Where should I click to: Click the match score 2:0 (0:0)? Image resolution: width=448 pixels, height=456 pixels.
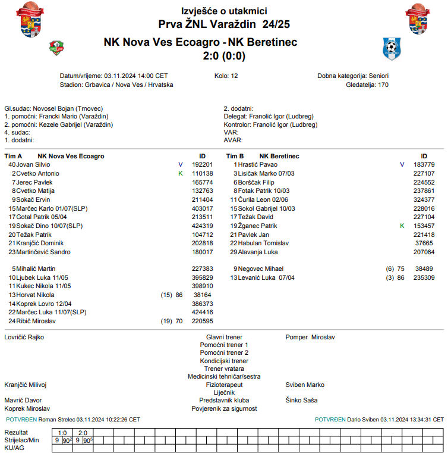pyautogui.click(x=224, y=57)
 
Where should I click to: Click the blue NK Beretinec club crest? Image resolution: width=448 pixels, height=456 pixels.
pyautogui.click(x=392, y=47)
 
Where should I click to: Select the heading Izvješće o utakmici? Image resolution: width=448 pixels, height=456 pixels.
pyautogui.click(x=224, y=11)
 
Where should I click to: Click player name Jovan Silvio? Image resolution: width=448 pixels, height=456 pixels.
pyautogui.click(x=33, y=164)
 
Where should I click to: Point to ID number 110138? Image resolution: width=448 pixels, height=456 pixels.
pyautogui.click(x=203, y=173)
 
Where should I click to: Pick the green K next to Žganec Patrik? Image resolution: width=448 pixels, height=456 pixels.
pyautogui.click(x=402, y=226)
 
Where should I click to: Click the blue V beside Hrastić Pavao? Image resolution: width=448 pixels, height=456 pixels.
pyautogui.click(x=402, y=164)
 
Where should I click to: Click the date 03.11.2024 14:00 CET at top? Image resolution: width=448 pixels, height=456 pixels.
pyautogui.click(x=136, y=76)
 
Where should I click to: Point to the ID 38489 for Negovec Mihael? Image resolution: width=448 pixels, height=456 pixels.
pyautogui.click(x=424, y=269)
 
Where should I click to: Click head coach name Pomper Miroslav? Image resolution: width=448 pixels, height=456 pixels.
pyautogui.click(x=310, y=338)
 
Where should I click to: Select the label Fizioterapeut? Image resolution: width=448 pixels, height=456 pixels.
pyautogui.click(x=224, y=385)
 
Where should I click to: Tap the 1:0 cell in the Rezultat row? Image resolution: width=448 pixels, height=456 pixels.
pyautogui.click(x=62, y=433)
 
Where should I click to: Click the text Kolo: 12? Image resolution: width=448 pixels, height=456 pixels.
pyautogui.click(x=226, y=76)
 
